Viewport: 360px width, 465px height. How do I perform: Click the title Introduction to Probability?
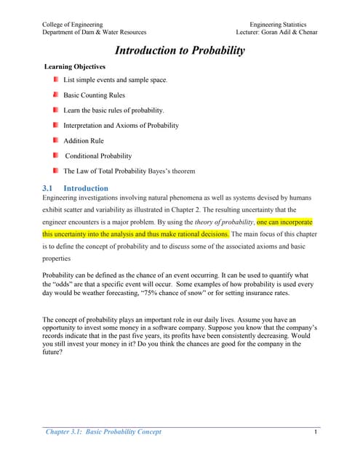click(179, 51)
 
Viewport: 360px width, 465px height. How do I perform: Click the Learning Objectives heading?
click(75, 67)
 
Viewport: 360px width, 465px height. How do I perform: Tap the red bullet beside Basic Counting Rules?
click(55, 95)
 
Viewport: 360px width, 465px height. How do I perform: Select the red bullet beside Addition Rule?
click(55, 140)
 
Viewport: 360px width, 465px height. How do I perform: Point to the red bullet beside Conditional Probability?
click(55, 155)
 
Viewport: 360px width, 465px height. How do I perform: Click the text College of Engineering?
click(73, 24)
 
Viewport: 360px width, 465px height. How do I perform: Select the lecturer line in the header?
click(271, 33)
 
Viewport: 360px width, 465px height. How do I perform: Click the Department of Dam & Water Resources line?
click(95, 33)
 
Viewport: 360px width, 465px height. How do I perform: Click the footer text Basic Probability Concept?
click(124, 432)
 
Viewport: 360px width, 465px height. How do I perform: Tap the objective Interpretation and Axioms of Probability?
click(121, 125)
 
